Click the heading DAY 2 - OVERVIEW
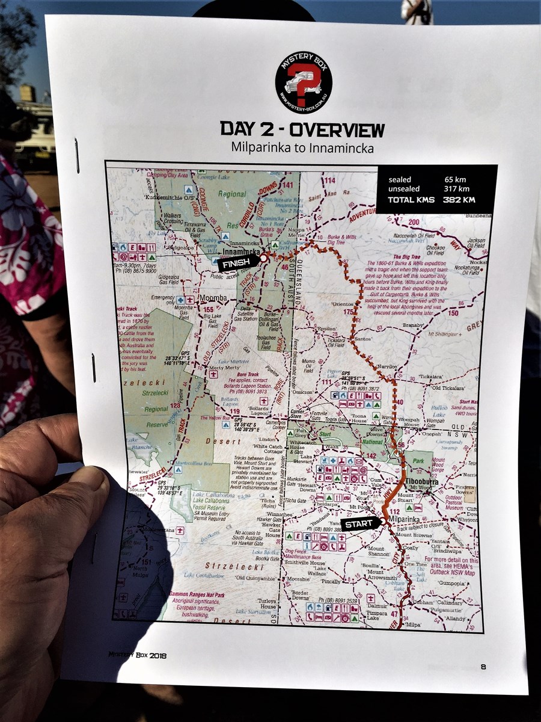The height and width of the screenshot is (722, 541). (302, 129)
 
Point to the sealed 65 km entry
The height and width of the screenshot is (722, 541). (427, 179)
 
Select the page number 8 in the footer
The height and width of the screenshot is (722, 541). (483, 666)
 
